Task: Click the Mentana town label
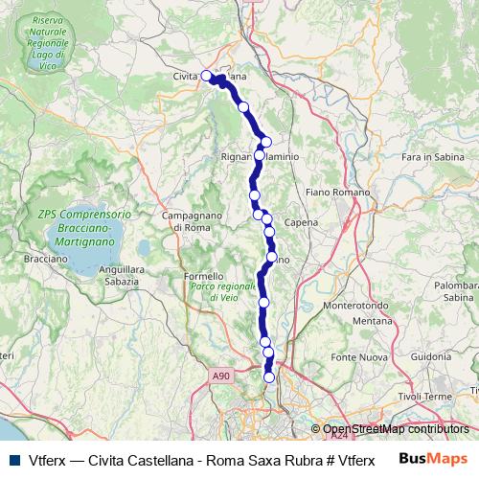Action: pyautogui.click(x=373, y=321)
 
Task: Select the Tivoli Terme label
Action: pyautogui.click(x=424, y=397)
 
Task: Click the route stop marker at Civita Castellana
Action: pyautogui.click(x=206, y=75)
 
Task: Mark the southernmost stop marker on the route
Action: pyautogui.click(x=269, y=377)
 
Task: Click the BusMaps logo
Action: pyautogui.click(x=433, y=458)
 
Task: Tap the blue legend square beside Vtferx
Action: pyautogui.click(x=13, y=459)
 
